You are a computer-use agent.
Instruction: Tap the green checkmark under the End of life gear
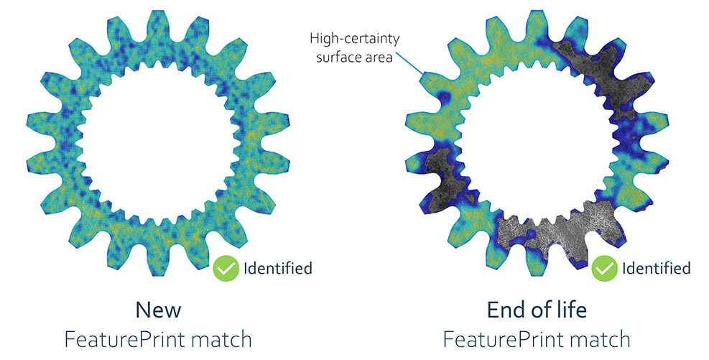pyautogui.click(x=605, y=269)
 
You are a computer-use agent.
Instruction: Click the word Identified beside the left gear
pyautogui.click(x=278, y=269)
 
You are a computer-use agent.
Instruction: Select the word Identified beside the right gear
pyautogui.click(x=656, y=269)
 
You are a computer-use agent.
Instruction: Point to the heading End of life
pyautogui.click(x=536, y=310)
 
